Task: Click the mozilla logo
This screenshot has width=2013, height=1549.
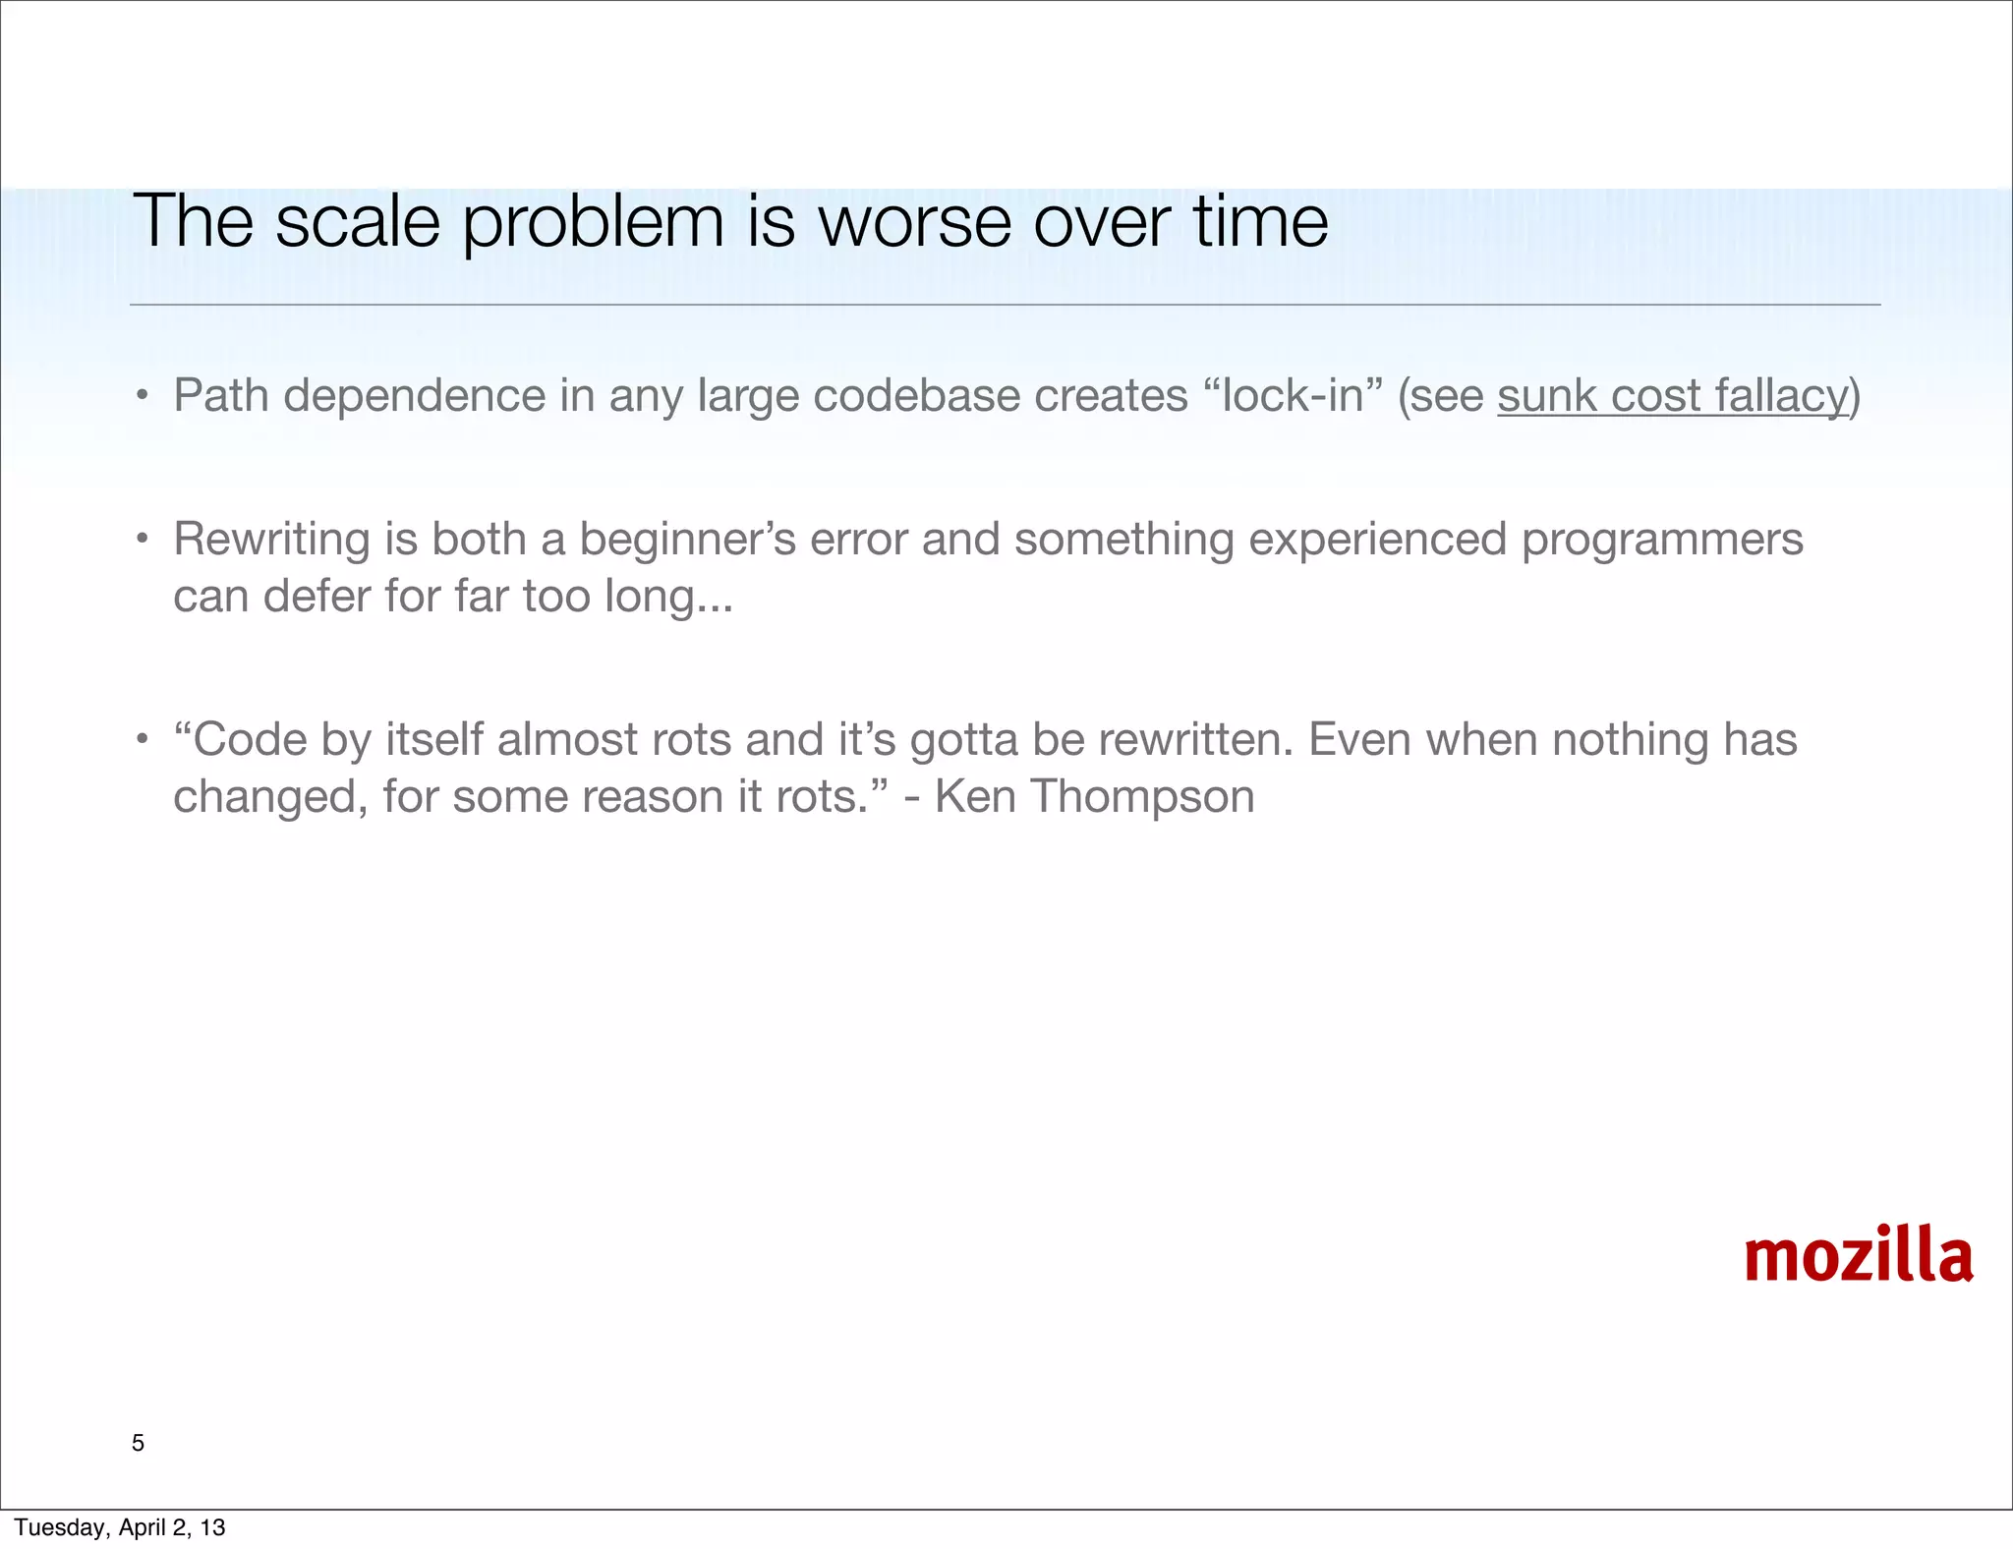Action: [x=1859, y=1255]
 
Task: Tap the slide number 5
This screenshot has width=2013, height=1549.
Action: [x=138, y=1443]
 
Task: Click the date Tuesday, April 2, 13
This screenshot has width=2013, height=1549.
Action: [x=120, y=1527]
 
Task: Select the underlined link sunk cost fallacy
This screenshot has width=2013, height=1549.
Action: [x=1673, y=396]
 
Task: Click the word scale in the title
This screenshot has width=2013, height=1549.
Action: [x=357, y=221]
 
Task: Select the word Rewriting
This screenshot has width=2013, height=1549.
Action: [x=270, y=540]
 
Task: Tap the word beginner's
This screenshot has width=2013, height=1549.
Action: [x=687, y=540]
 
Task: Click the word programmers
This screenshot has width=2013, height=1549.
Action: [x=1662, y=540]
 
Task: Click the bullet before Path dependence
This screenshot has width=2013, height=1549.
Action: [x=143, y=397]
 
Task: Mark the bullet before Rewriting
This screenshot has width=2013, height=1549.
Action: [x=143, y=540]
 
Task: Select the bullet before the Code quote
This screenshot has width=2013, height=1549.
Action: [x=143, y=739]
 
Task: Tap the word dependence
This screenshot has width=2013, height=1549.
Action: [x=414, y=396]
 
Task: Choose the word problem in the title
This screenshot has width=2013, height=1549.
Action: [x=593, y=221]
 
